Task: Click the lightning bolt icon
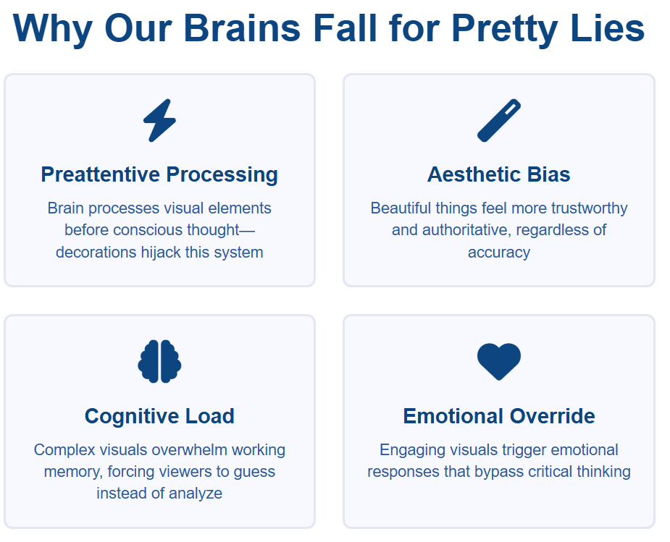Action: pyautogui.click(x=159, y=120)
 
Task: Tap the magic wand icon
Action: pyautogui.click(x=498, y=120)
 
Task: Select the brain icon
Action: pyautogui.click(x=159, y=362)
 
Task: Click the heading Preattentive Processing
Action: pyautogui.click(x=159, y=174)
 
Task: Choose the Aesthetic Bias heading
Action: pyautogui.click(x=498, y=174)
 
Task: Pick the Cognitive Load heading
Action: pyautogui.click(x=159, y=416)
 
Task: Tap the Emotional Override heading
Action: pyautogui.click(x=498, y=416)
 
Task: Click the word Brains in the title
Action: pyautogui.click(x=242, y=28)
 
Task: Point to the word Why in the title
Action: pyautogui.click(x=53, y=29)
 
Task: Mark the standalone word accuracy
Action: pyautogui.click(x=499, y=253)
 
